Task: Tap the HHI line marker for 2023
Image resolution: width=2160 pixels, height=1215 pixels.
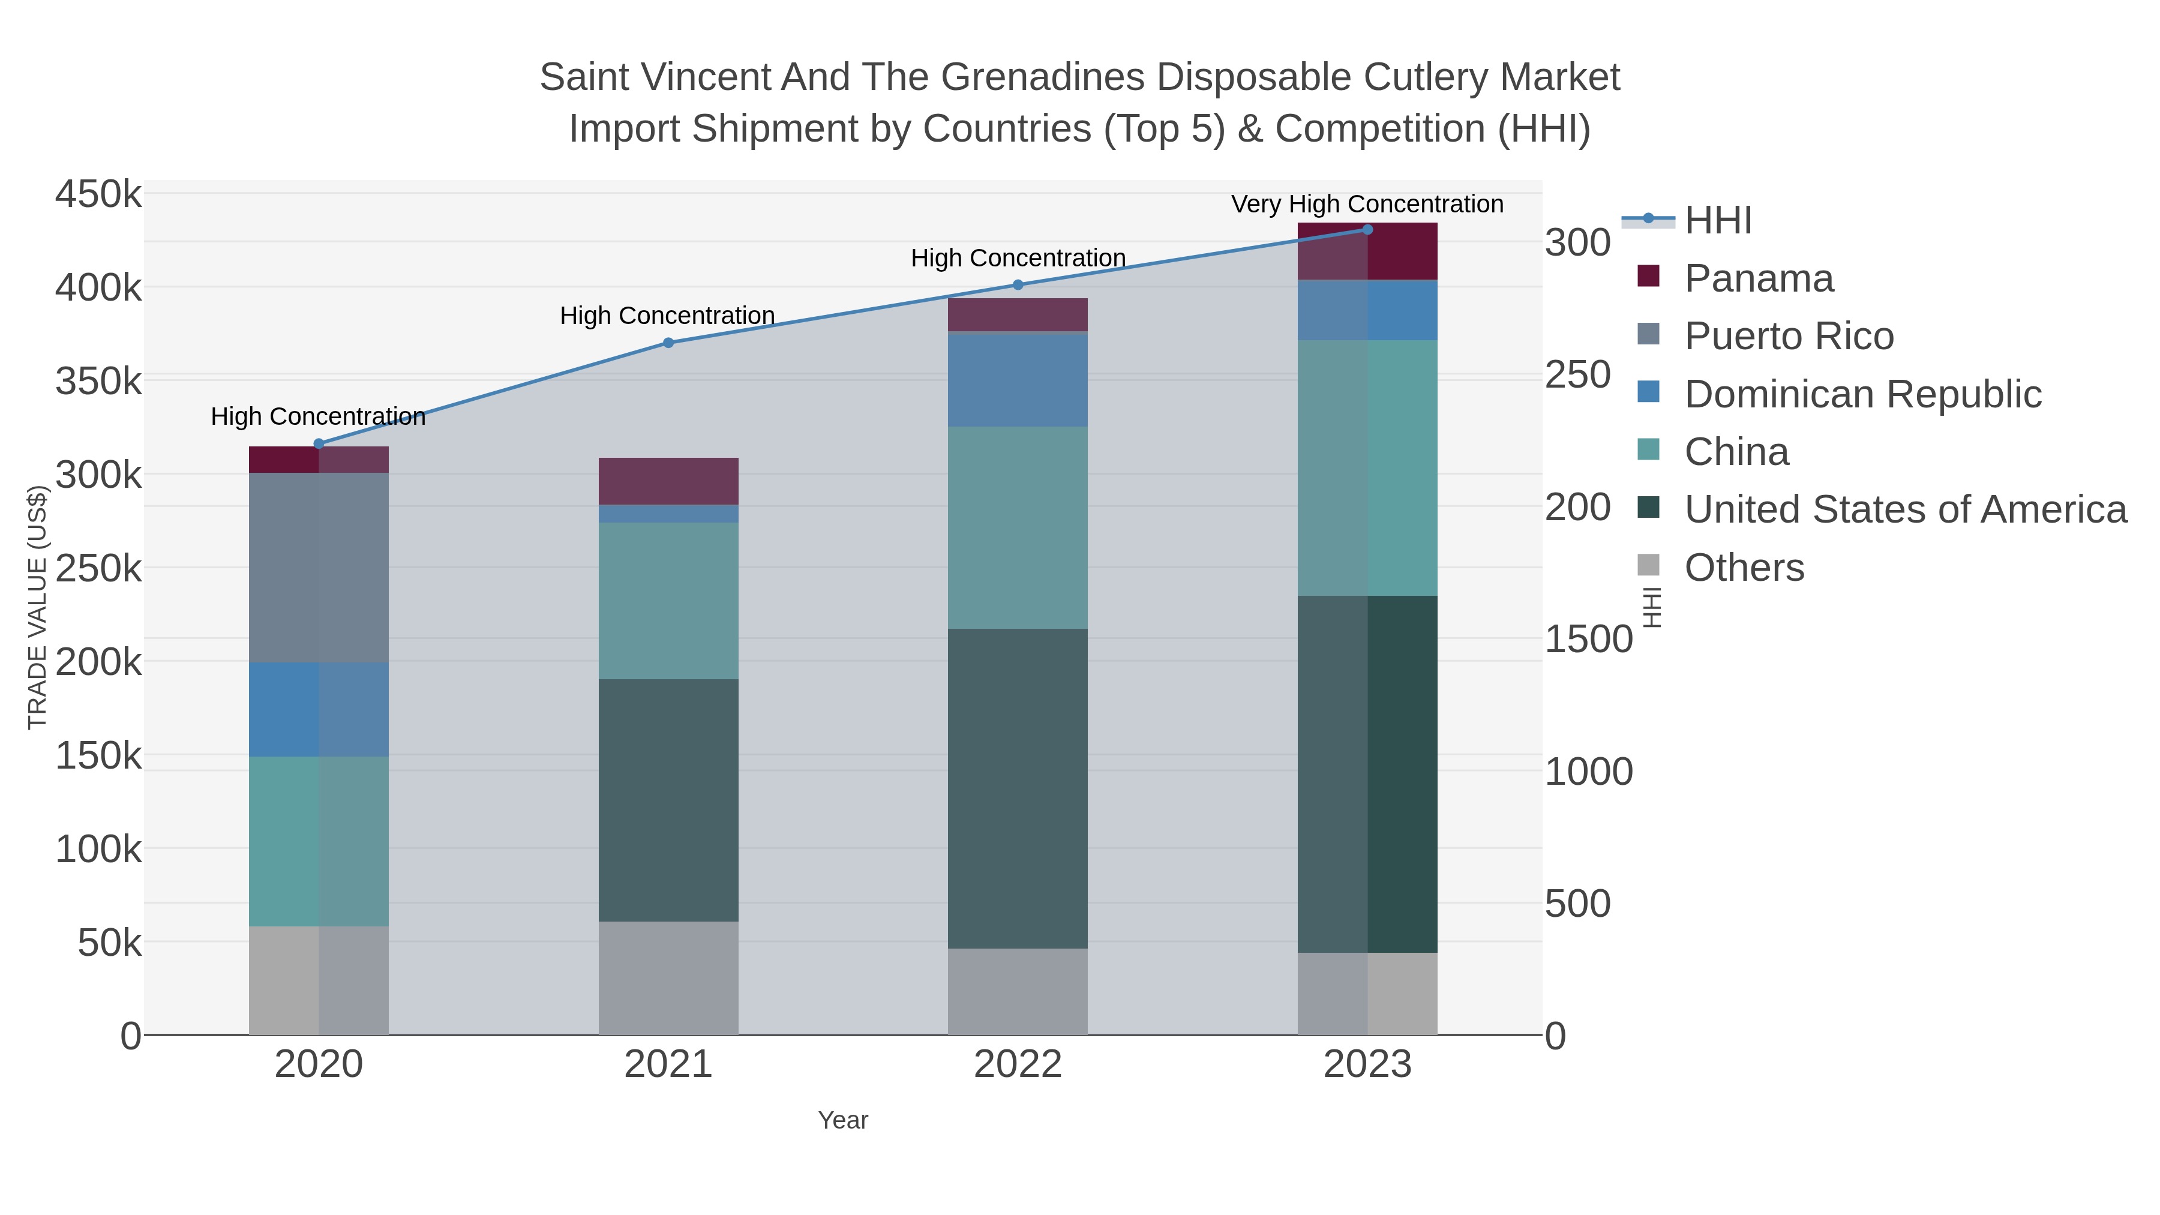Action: click(x=1367, y=229)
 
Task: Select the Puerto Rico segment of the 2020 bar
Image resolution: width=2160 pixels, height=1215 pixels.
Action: click(x=319, y=567)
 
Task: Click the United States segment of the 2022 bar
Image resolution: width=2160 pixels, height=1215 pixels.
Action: click(x=1018, y=788)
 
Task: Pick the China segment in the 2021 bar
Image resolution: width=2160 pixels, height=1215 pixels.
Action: click(x=668, y=601)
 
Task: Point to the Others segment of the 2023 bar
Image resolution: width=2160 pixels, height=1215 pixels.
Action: click(x=1367, y=993)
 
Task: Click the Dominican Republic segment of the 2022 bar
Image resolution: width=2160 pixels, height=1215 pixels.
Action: click(x=1018, y=380)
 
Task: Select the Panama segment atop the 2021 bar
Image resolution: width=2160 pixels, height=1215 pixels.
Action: click(x=668, y=481)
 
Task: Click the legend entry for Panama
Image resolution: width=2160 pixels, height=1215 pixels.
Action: click(x=1759, y=278)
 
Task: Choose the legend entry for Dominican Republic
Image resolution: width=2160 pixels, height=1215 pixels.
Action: click(x=1862, y=394)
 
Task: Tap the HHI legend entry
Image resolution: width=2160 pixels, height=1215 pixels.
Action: click(x=1717, y=221)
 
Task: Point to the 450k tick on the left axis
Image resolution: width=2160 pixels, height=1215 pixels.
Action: click(x=98, y=194)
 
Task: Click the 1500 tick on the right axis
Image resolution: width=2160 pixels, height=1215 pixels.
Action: click(x=1588, y=639)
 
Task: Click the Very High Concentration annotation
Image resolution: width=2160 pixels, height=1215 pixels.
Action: click(x=1367, y=204)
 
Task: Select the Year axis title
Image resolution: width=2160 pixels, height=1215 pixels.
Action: click(x=843, y=1120)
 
